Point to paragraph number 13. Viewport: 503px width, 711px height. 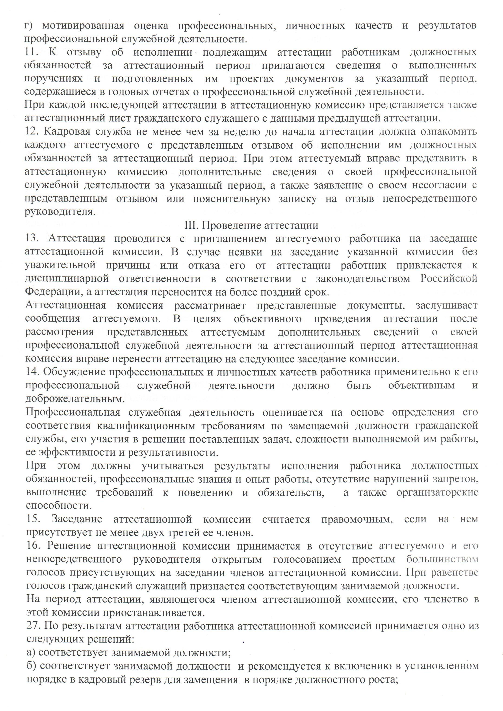[32, 239]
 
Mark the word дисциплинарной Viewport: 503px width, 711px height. [67, 279]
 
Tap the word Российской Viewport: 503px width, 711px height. [448, 279]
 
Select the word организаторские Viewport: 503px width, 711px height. [437, 493]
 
